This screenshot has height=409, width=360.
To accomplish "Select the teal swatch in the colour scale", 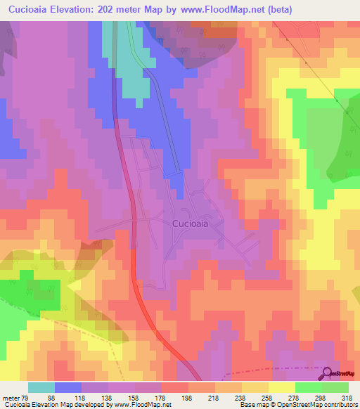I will point(41,387).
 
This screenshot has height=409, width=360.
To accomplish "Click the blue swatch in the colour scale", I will point(68,387).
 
